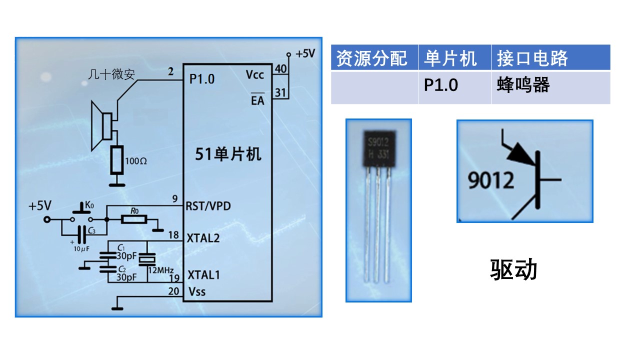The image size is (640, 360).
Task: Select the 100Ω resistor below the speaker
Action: click(117, 160)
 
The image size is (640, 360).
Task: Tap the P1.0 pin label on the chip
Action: click(202, 78)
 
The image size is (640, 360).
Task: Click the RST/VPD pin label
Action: click(208, 205)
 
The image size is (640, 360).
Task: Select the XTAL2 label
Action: click(203, 238)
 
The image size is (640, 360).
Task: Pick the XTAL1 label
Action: click(203, 274)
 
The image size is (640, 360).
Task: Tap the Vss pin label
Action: click(196, 291)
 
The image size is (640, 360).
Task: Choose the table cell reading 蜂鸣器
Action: click(523, 85)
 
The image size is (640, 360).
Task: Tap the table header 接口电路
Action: click(532, 58)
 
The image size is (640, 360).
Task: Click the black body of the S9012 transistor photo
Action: click(378, 148)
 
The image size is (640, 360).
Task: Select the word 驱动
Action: click(513, 269)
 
